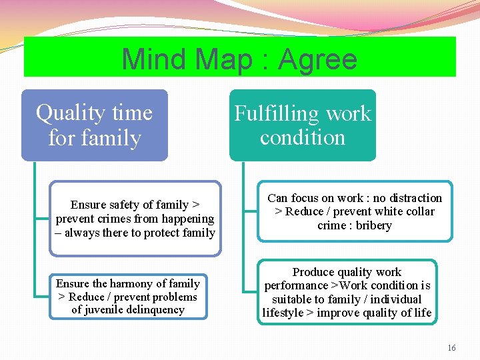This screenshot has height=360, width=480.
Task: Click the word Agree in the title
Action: tap(318, 60)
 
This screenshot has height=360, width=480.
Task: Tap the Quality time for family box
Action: tap(94, 125)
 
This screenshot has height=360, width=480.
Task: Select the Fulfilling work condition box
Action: tap(303, 125)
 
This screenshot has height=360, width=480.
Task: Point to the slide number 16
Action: tap(451, 348)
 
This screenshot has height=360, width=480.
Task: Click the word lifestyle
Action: tap(283, 313)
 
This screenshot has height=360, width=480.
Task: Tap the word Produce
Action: tap(313, 272)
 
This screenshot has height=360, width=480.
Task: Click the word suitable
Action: tap(291, 299)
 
